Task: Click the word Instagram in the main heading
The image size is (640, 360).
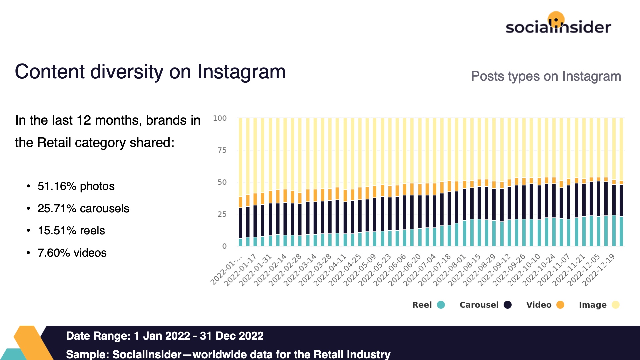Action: coord(241,72)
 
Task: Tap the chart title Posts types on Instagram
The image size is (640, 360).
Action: coord(546,76)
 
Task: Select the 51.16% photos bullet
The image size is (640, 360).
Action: coord(76,186)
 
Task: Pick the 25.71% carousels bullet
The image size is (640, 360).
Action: coord(83,208)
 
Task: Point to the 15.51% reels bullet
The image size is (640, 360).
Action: coord(71,231)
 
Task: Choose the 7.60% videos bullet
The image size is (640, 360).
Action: coord(72,253)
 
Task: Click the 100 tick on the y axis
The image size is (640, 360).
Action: coord(220,118)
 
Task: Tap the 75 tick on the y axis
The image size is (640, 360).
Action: coord(222,150)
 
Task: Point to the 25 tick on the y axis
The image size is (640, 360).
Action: coord(222,214)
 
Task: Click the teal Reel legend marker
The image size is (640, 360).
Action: coord(441,305)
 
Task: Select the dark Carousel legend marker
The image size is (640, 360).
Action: coord(507,305)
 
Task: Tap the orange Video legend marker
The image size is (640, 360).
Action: coord(560,305)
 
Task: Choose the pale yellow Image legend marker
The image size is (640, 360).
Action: coord(615,305)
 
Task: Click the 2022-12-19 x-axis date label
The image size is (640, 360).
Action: coord(599,269)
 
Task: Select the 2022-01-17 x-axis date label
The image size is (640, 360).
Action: coord(240,269)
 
